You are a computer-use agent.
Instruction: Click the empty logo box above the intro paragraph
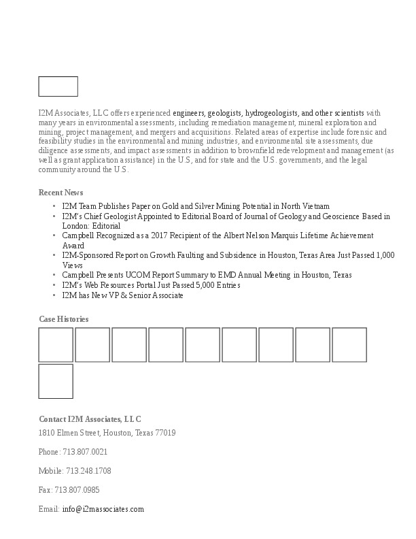click(58, 86)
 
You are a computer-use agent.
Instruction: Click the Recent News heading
click(60, 193)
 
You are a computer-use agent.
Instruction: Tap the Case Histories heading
click(63, 319)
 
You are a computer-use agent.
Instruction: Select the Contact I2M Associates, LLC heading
click(90, 419)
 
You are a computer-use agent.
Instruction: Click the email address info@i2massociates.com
click(103, 509)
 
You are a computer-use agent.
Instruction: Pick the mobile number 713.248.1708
click(88, 471)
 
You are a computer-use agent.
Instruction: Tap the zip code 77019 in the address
click(166, 433)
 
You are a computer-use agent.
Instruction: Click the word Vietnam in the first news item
click(315, 206)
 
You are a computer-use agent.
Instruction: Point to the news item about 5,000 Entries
click(151, 285)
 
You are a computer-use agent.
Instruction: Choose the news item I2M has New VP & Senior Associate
click(122, 295)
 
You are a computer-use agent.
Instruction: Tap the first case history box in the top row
click(56, 345)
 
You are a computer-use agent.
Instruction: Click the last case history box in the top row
click(349, 345)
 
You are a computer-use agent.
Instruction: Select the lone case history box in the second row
click(56, 381)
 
